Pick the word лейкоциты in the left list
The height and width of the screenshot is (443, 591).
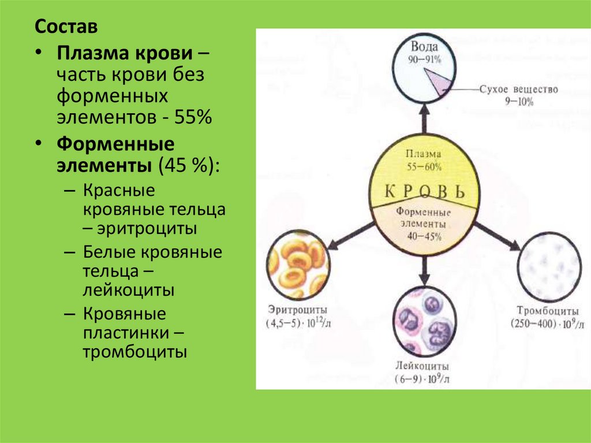[129, 290]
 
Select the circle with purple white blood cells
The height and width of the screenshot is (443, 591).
[425, 321]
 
